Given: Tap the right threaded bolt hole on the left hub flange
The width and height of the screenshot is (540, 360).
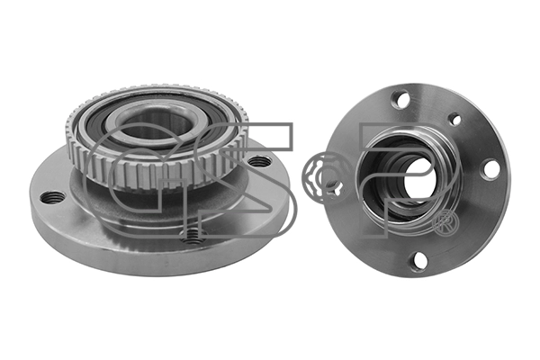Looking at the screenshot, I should pos(260,163).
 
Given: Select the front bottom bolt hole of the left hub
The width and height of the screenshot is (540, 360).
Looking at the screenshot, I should pos(191,236).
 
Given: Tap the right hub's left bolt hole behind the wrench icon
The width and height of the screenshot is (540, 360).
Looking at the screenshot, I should pos(334,186).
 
